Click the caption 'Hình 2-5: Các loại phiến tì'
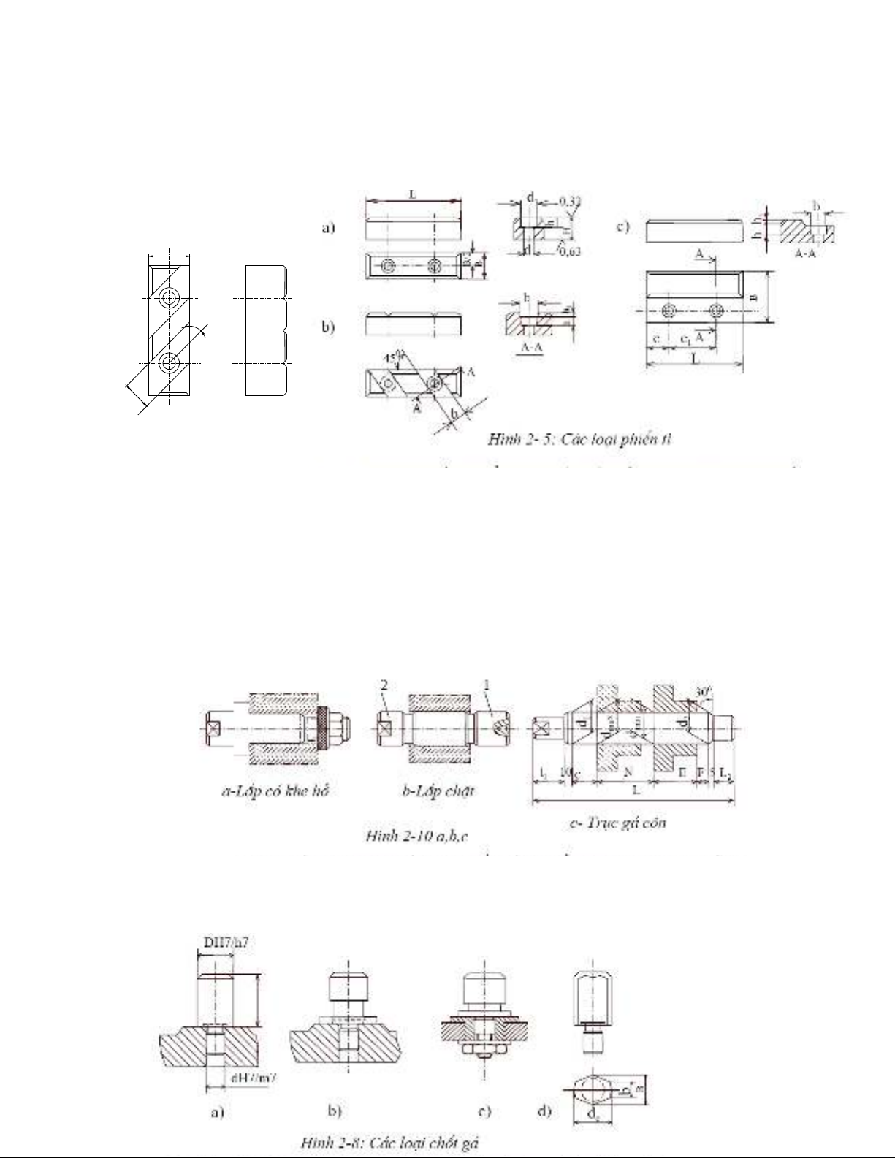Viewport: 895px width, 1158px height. click(x=581, y=440)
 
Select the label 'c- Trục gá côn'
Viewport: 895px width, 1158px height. click(x=617, y=823)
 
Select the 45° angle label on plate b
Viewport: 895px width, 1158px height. click(x=393, y=357)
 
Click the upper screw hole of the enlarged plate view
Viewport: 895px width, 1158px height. click(x=170, y=297)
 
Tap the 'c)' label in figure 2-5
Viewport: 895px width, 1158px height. click(x=622, y=226)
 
